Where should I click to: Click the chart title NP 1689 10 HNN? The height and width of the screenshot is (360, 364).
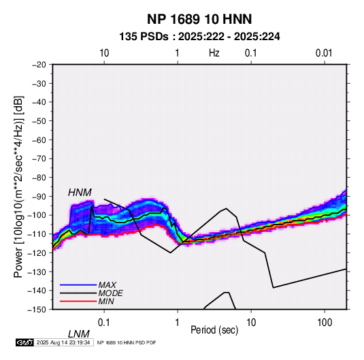[199, 19]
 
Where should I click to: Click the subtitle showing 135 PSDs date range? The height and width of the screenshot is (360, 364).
[199, 37]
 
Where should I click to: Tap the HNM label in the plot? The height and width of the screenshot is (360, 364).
[80, 193]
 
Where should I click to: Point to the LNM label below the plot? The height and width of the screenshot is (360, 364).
[78, 334]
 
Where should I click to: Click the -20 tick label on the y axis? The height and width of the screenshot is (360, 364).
[39, 65]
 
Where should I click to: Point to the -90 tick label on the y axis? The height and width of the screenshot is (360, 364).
[39, 196]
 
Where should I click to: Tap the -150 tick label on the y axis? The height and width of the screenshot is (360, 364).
[37, 310]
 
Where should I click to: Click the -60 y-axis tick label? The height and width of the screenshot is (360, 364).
[39, 140]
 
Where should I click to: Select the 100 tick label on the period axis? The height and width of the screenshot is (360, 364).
[325, 323]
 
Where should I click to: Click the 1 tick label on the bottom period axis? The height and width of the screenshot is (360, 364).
[178, 323]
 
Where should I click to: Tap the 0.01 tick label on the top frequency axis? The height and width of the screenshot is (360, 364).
[324, 53]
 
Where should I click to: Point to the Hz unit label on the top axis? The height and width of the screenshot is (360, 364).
[214, 53]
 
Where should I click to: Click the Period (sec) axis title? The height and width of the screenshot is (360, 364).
[214, 330]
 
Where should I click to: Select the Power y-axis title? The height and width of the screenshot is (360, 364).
[18, 187]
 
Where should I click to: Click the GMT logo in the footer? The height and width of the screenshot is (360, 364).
[24, 342]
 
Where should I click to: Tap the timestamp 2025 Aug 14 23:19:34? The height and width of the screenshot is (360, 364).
[63, 342]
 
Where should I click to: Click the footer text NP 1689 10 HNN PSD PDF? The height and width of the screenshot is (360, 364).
[127, 342]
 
